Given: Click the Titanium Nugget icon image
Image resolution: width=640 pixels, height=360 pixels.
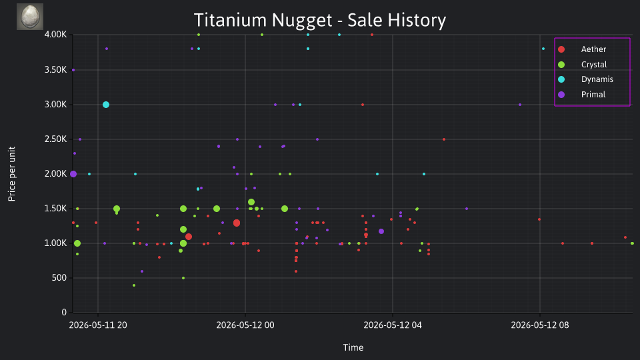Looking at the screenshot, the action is [x=30, y=17].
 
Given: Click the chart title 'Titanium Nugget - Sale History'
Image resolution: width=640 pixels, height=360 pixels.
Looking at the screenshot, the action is [x=319, y=20].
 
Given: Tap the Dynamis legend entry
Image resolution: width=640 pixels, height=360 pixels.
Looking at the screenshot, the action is [x=585, y=79].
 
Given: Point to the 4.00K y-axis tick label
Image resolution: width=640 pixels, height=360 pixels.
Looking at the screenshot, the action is [x=55, y=35].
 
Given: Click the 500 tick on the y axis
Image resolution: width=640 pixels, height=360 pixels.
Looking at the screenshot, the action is [x=59, y=278].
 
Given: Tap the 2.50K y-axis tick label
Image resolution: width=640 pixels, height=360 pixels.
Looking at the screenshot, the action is [x=55, y=139].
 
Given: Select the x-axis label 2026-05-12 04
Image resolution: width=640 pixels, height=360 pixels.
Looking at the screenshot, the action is [x=393, y=325].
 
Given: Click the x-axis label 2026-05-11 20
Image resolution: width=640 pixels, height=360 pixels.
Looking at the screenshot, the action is [x=98, y=325].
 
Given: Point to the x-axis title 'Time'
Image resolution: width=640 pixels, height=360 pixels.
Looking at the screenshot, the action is [x=353, y=347].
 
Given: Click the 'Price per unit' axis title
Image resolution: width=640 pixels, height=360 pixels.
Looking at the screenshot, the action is [x=12, y=174].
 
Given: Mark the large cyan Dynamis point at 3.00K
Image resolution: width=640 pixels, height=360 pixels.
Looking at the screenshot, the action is [x=106, y=105].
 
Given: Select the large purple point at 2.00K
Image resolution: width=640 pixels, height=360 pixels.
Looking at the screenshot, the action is [x=73, y=174].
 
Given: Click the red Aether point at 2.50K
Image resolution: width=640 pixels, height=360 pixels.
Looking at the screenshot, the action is [x=444, y=139].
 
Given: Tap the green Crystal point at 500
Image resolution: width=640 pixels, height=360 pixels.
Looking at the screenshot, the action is [x=183, y=279].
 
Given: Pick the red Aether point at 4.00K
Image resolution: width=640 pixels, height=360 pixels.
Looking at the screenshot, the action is [x=372, y=35].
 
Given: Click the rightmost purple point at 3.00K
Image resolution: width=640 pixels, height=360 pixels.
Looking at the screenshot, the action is [x=520, y=105].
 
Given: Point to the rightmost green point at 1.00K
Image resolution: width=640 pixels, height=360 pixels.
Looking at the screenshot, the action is [x=632, y=244].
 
